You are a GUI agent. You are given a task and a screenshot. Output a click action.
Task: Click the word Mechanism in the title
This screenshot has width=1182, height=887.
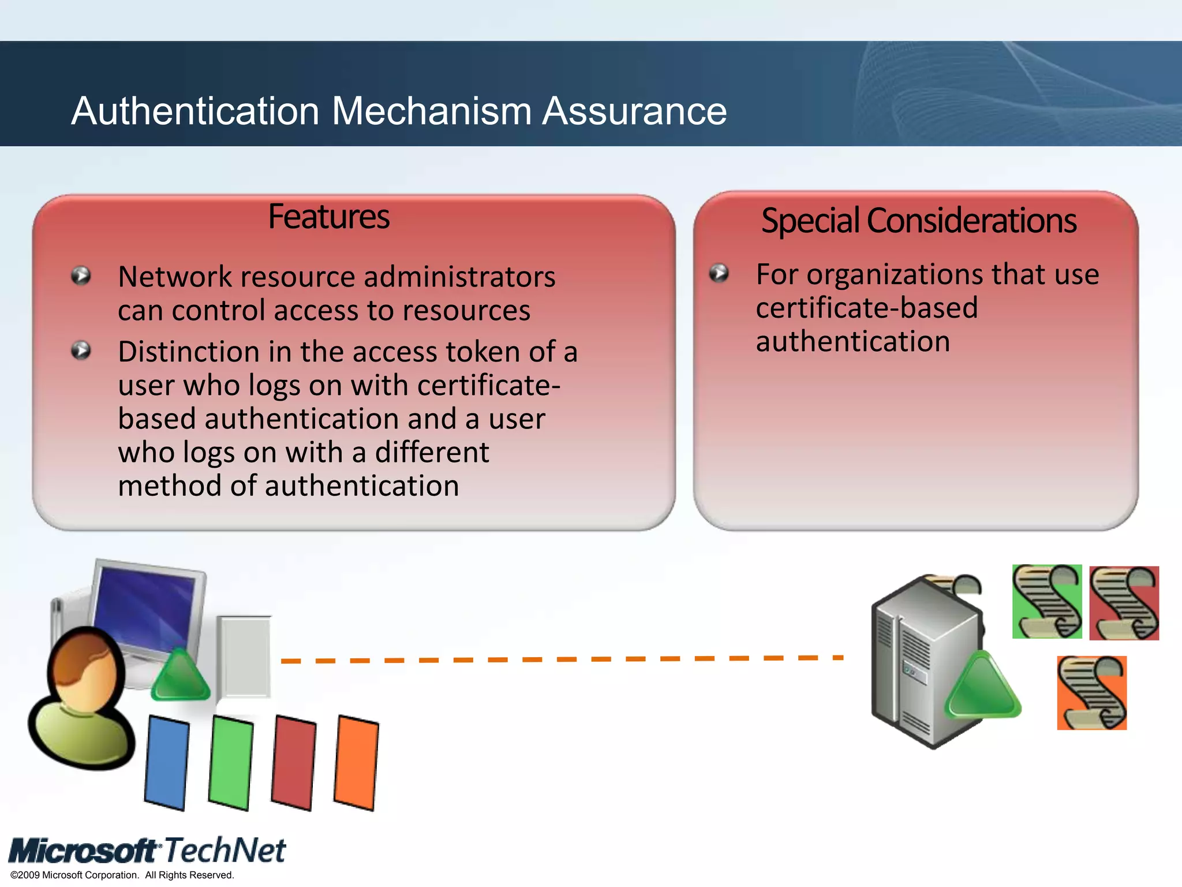point(431,111)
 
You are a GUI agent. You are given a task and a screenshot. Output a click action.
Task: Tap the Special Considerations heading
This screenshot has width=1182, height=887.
point(918,221)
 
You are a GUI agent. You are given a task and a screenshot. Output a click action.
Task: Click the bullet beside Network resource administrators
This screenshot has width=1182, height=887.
point(81,275)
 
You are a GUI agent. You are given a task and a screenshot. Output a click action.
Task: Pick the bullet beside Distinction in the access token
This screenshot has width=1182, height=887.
point(81,350)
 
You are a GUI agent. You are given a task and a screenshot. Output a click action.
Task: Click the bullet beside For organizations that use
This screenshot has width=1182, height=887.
point(719,273)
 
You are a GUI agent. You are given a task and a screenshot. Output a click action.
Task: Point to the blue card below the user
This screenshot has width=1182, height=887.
point(167,762)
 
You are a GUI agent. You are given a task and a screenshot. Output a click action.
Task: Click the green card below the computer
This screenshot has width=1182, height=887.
point(231,762)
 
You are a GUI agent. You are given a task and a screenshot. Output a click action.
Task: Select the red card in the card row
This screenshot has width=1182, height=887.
point(294,762)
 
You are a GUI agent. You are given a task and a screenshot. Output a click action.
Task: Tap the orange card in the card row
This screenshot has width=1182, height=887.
point(356,762)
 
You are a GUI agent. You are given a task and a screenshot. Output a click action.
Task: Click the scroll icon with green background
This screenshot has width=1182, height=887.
point(1047,601)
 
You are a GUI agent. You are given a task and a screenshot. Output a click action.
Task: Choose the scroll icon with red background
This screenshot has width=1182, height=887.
point(1124,603)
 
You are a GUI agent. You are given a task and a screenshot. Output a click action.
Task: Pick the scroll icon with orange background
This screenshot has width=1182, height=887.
point(1091,692)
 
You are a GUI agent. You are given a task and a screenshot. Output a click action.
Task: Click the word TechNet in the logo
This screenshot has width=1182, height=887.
point(224,850)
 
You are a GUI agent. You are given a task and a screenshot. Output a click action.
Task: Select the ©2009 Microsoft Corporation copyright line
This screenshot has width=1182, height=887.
point(122,875)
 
